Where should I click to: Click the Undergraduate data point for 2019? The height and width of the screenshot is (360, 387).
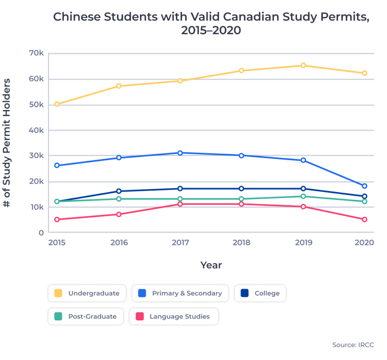coord(303,65)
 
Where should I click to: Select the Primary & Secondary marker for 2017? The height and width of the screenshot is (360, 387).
coord(180,153)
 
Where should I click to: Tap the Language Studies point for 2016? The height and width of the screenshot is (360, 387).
coord(119,214)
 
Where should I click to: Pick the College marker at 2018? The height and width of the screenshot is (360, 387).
coord(241,189)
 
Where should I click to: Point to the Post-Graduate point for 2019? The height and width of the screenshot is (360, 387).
coord(303,196)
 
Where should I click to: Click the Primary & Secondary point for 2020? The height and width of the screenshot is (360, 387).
coord(365,186)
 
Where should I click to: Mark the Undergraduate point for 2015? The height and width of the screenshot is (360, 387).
coord(57,104)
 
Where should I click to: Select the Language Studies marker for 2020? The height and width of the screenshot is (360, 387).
coord(365,219)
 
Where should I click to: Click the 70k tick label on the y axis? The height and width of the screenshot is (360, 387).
coord(37,53)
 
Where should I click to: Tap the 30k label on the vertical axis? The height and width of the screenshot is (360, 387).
coord(37,156)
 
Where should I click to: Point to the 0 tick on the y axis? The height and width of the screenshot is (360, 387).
coord(41,233)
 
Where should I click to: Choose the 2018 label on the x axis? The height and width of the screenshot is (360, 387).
coord(241,242)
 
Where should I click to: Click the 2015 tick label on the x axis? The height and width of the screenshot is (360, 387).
coord(57,242)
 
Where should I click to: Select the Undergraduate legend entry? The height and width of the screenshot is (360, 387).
coord(87,293)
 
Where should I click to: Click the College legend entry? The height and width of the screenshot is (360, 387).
coord(260,293)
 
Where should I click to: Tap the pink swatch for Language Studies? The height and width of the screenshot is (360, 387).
coord(139,317)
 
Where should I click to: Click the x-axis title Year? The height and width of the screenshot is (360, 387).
coord(211,265)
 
